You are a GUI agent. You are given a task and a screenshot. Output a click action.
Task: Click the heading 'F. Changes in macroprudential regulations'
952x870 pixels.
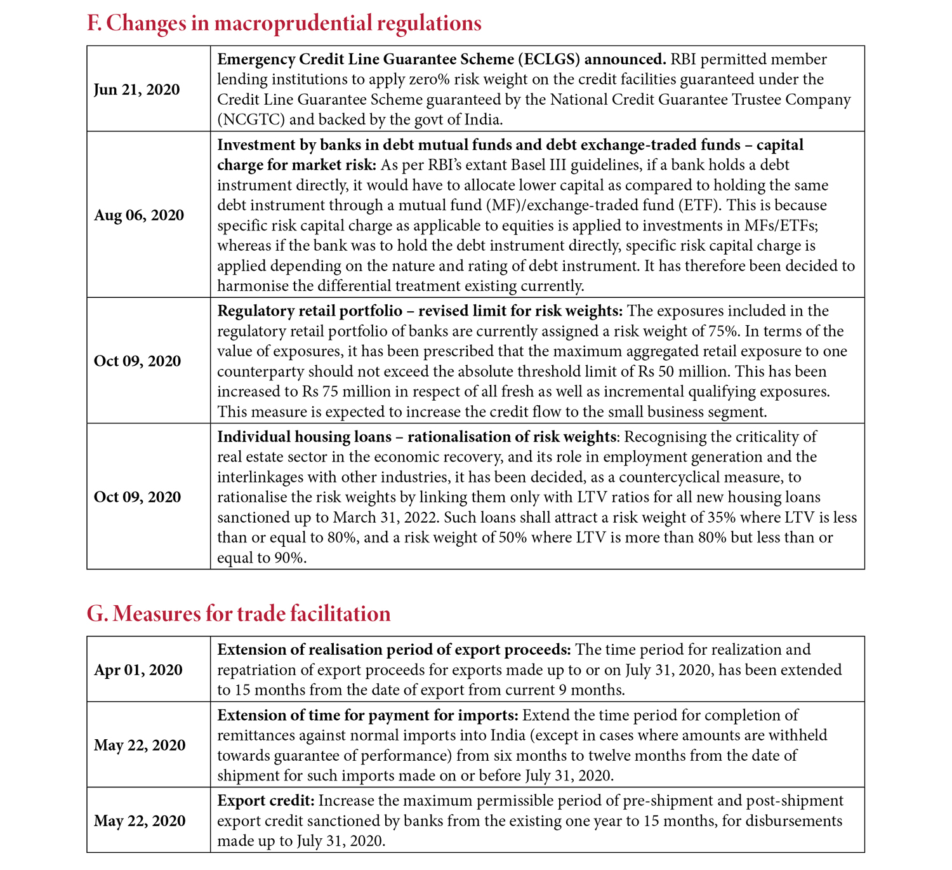(284, 23)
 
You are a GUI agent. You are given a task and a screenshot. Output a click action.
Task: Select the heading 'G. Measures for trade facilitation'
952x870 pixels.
(238, 614)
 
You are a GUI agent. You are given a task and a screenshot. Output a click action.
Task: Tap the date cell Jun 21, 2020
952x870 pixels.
(136, 90)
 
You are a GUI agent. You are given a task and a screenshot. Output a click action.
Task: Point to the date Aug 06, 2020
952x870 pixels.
(139, 215)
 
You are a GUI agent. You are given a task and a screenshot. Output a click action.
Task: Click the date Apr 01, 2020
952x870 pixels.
(138, 670)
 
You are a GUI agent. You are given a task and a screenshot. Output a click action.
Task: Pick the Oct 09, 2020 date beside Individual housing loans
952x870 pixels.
(137, 497)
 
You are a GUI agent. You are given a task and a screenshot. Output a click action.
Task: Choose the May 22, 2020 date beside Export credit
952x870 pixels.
(140, 821)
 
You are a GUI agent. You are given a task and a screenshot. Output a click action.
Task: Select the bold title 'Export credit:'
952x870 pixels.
(265, 801)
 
